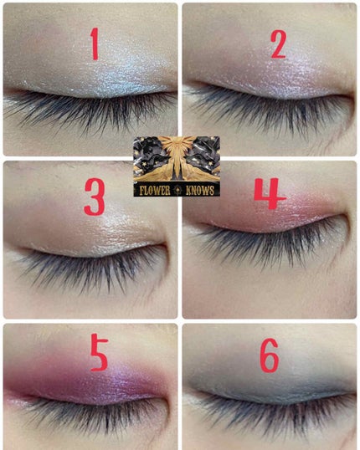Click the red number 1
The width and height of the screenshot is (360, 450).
(x=95, y=43)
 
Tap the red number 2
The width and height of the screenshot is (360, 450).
(x=279, y=43)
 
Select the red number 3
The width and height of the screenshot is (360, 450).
(x=95, y=197)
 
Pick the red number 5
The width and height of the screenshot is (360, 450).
(x=99, y=354)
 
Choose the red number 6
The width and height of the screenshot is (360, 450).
(x=270, y=355)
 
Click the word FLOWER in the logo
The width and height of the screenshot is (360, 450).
(x=155, y=191)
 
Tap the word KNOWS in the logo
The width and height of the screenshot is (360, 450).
(x=200, y=191)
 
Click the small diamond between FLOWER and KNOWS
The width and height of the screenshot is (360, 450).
(x=178, y=191)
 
